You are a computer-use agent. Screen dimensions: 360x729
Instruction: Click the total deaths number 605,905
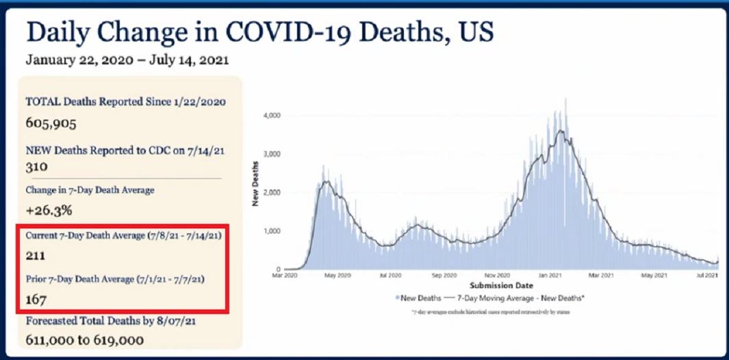[x=51, y=125]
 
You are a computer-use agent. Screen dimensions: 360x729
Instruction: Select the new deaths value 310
[x=36, y=166]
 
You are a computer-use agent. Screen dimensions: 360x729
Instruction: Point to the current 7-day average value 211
[x=36, y=256]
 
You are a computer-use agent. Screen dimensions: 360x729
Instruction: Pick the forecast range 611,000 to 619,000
[x=85, y=339]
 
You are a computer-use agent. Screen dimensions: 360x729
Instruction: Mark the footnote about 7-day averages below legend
[x=490, y=312]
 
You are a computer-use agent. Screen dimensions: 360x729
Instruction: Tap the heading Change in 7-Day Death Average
[x=90, y=190]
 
